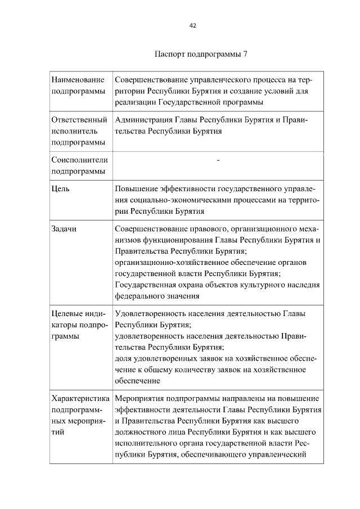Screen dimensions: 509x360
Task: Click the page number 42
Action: click(193, 25)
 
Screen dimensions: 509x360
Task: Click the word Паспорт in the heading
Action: click(168, 55)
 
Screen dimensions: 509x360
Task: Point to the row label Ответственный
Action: click(79, 120)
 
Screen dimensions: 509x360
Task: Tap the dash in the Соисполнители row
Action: click(218, 161)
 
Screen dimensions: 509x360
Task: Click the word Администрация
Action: click(145, 120)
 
